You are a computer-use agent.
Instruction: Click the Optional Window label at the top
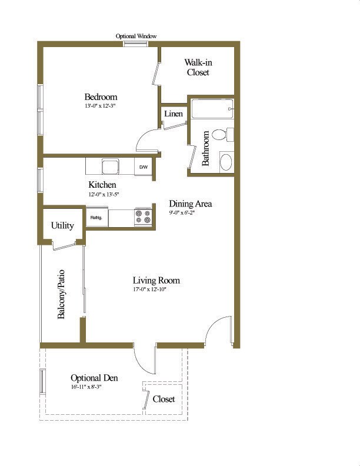coord(136,36)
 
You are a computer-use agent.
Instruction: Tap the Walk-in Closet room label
coord(198,67)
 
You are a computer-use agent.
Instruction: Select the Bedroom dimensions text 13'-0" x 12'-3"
coord(101,106)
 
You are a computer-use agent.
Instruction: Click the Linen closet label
coord(173,114)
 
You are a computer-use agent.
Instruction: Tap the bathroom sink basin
coord(226,161)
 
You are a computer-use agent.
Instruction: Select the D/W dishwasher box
coord(143,167)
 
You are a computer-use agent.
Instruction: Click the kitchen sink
coord(110,167)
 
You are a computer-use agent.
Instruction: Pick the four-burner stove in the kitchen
coord(143,217)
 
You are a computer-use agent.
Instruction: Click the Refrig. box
coord(96,217)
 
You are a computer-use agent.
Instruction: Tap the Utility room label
coord(62,225)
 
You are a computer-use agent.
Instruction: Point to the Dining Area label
coord(190,204)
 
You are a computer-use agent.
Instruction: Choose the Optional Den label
coord(94,378)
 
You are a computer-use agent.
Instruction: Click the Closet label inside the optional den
coord(164,399)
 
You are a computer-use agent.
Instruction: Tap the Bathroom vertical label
coord(206,148)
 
